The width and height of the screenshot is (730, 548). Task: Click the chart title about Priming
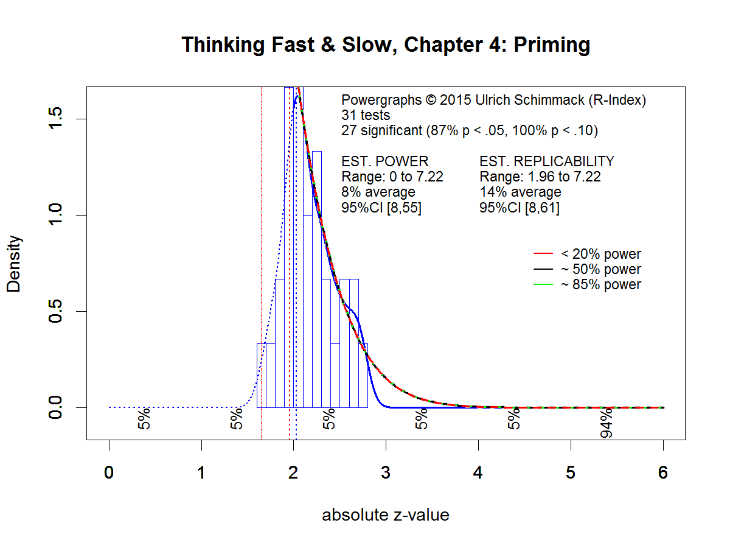click(x=386, y=46)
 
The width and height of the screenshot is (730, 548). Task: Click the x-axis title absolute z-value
click(x=386, y=515)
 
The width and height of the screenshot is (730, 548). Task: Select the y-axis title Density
click(x=14, y=264)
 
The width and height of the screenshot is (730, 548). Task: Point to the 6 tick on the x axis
click(x=663, y=473)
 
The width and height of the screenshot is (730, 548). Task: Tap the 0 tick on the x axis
click(x=109, y=473)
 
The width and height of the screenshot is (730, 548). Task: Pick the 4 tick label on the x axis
click(x=478, y=473)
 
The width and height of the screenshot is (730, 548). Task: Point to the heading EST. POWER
click(x=385, y=161)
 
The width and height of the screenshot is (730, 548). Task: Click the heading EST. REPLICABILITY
click(x=547, y=161)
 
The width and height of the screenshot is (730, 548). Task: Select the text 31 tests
click(x=366, y=115)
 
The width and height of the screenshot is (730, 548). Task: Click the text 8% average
click(x=378, y=192)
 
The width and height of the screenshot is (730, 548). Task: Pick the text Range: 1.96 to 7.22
click(x=540, y=177)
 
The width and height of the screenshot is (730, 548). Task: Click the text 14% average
click(x=520, y=192)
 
